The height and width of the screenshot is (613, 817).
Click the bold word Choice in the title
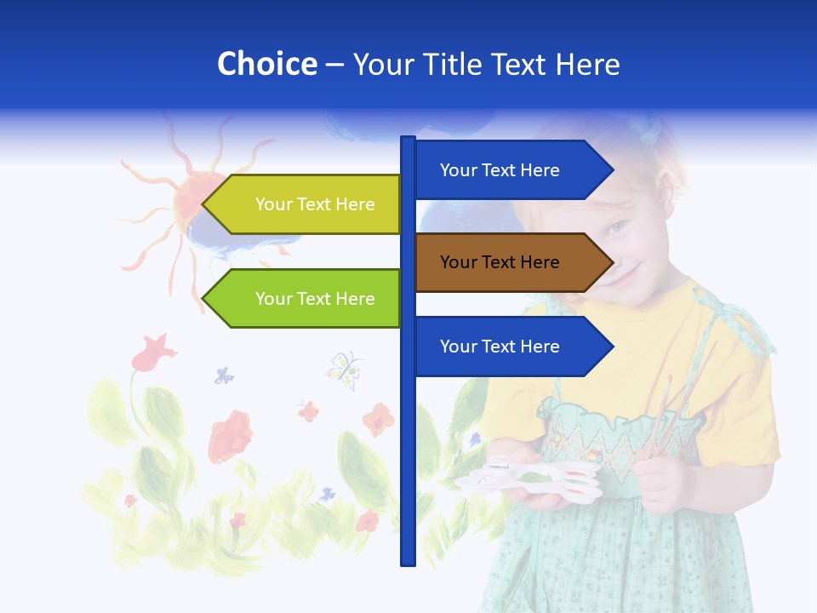pos(266,64)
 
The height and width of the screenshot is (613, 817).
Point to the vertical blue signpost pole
pos(408,443)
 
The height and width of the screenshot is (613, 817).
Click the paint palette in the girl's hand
pos(528,481)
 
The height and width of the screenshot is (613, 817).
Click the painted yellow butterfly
pos(343,368)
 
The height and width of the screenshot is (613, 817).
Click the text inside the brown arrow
pos(500,262)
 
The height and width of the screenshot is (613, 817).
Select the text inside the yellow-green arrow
pos(315,204)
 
